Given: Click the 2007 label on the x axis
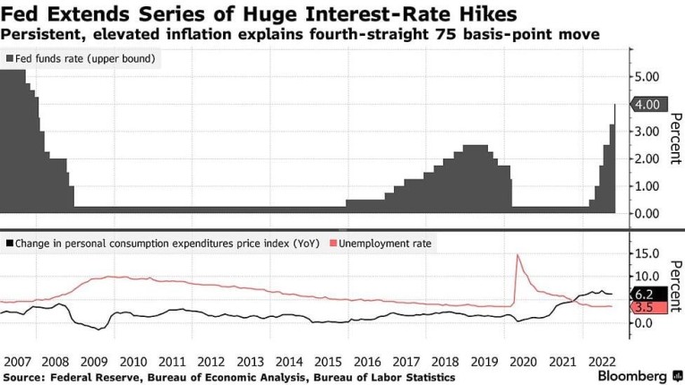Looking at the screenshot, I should coord(17,362).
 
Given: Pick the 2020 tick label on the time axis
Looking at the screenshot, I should coord(521,362).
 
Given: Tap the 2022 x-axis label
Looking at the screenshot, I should coord(598,362).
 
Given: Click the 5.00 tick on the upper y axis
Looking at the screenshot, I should coord(648,77).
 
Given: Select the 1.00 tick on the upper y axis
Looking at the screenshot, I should coord(648,186).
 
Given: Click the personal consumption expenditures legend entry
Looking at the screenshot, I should coord(161,243).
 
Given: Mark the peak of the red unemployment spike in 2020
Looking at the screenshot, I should coord(518,255).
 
